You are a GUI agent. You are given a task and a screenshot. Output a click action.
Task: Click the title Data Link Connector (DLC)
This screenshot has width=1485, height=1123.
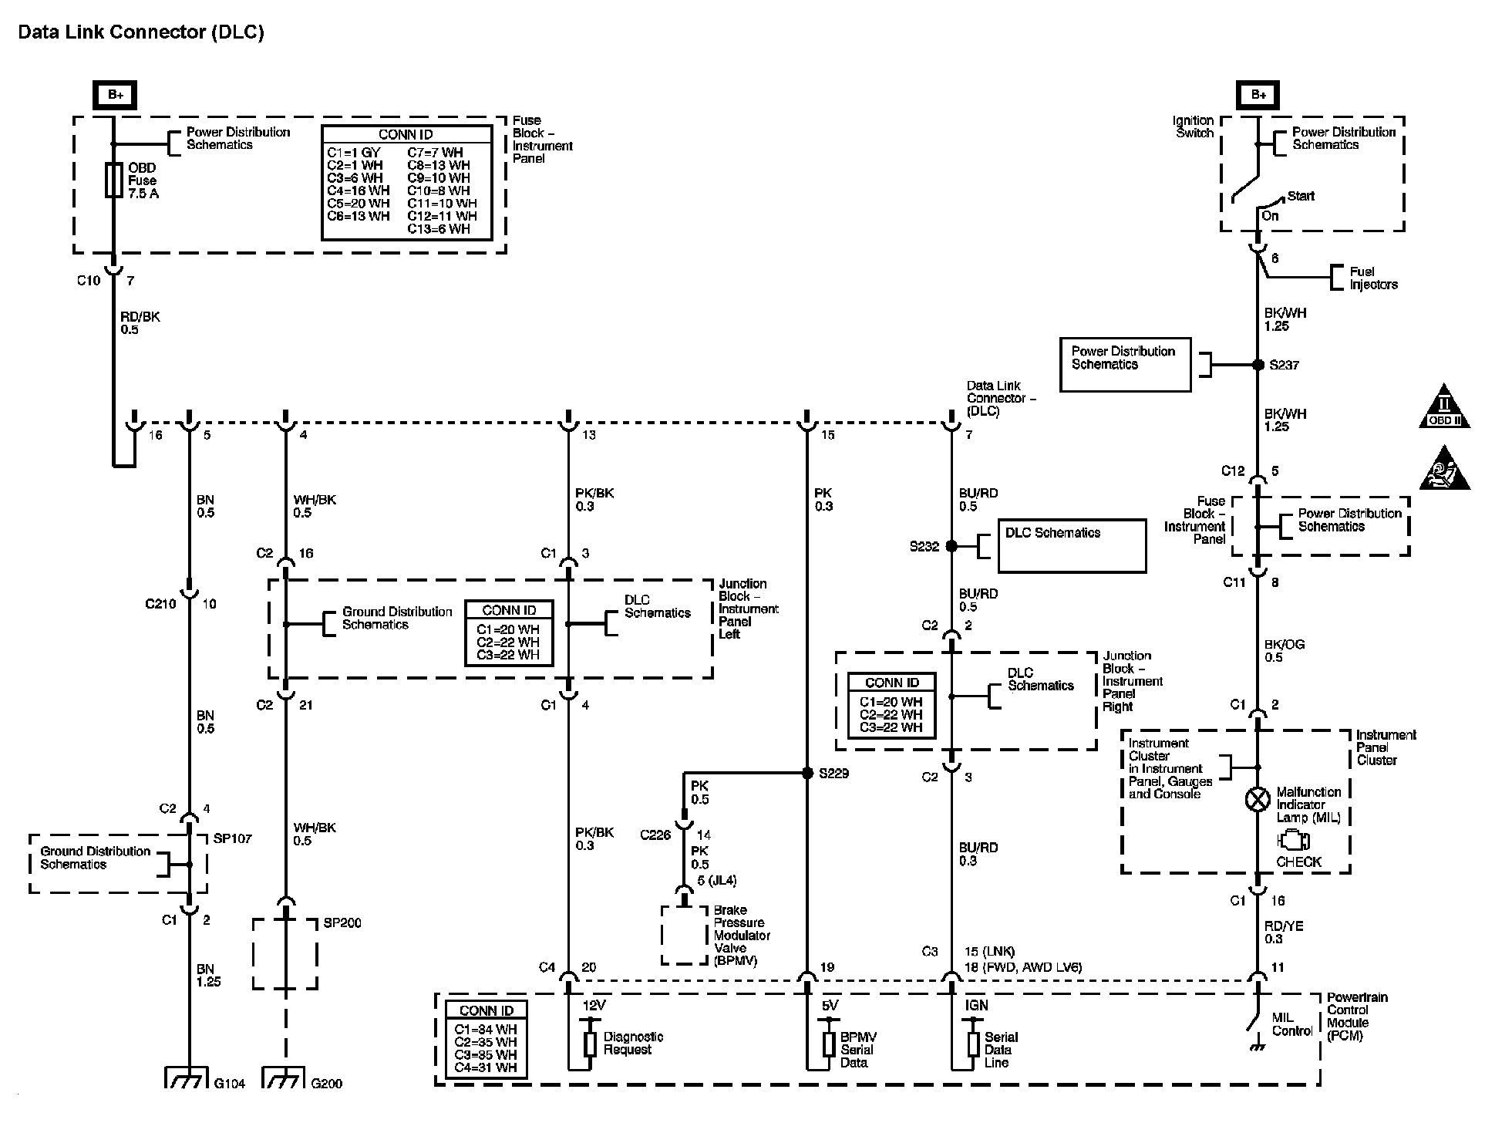pyautogui.click(x=141, y=32)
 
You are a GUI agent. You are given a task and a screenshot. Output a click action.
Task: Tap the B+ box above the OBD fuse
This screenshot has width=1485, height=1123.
pyautogui.click(x=115, y=95)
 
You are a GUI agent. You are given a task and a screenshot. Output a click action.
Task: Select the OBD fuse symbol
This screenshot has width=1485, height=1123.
pyautogui.click(x=114, y=180)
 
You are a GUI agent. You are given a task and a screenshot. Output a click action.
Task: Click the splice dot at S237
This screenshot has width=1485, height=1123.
pyautogui.click(x=1258, y=365)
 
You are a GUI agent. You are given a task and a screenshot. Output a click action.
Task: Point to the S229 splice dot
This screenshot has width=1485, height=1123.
pyautogui.click(x=807, y=773)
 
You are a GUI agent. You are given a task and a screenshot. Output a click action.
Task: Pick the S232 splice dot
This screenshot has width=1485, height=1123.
pyautogui.click(x=951, y=546)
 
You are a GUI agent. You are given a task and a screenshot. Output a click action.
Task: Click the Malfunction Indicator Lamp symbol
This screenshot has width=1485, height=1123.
pyautogui.click(x=1258, y=799)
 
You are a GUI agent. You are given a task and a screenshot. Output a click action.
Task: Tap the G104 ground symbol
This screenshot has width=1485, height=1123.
pyautogui.click(x=187, y=1077)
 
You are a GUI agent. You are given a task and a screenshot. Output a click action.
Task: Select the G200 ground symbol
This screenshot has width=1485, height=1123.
pyautogui.click(x=285, y=1077)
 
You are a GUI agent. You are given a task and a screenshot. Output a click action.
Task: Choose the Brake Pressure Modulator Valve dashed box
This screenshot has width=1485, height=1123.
pyautogui.click(x=684, y=935)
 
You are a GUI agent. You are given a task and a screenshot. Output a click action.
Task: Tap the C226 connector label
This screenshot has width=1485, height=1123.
pyautogui.click(x=655, y=835)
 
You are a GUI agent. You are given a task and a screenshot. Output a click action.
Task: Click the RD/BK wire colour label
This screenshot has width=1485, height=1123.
pyautogui.click(x=140, y=317)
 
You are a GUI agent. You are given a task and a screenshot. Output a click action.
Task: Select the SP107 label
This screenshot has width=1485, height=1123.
pyautogui.click(x=232, y=838)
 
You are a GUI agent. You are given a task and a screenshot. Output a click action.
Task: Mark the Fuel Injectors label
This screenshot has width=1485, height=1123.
pyautogui.click(x=1373, y=278)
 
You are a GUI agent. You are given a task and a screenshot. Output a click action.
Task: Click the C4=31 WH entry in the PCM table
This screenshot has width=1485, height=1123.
pyautogui.click(x=486, y=1067)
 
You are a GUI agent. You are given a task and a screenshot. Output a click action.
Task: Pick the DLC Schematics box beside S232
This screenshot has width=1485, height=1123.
pyautogui.click(x=1072, y=546)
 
